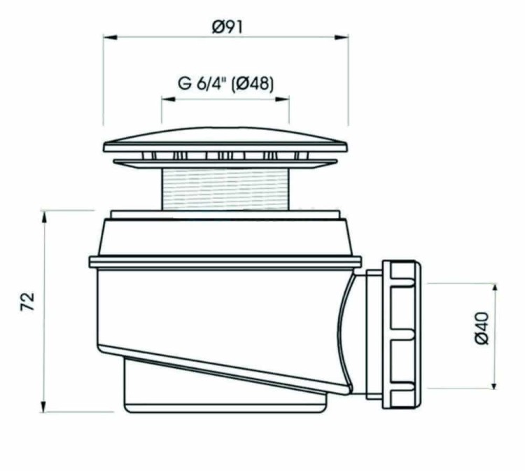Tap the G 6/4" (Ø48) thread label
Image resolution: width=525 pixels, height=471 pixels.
point(225,84)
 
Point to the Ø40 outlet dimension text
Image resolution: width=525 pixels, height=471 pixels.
point(482,328)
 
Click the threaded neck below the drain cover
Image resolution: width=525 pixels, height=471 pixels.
point(225,188)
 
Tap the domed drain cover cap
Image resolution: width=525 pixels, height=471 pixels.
point(225,137)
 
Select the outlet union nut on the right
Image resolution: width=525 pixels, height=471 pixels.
point(402,335)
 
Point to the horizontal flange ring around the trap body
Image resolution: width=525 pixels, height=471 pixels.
point(225,262)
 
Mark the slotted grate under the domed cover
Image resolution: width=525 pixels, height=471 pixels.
point(225,156)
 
